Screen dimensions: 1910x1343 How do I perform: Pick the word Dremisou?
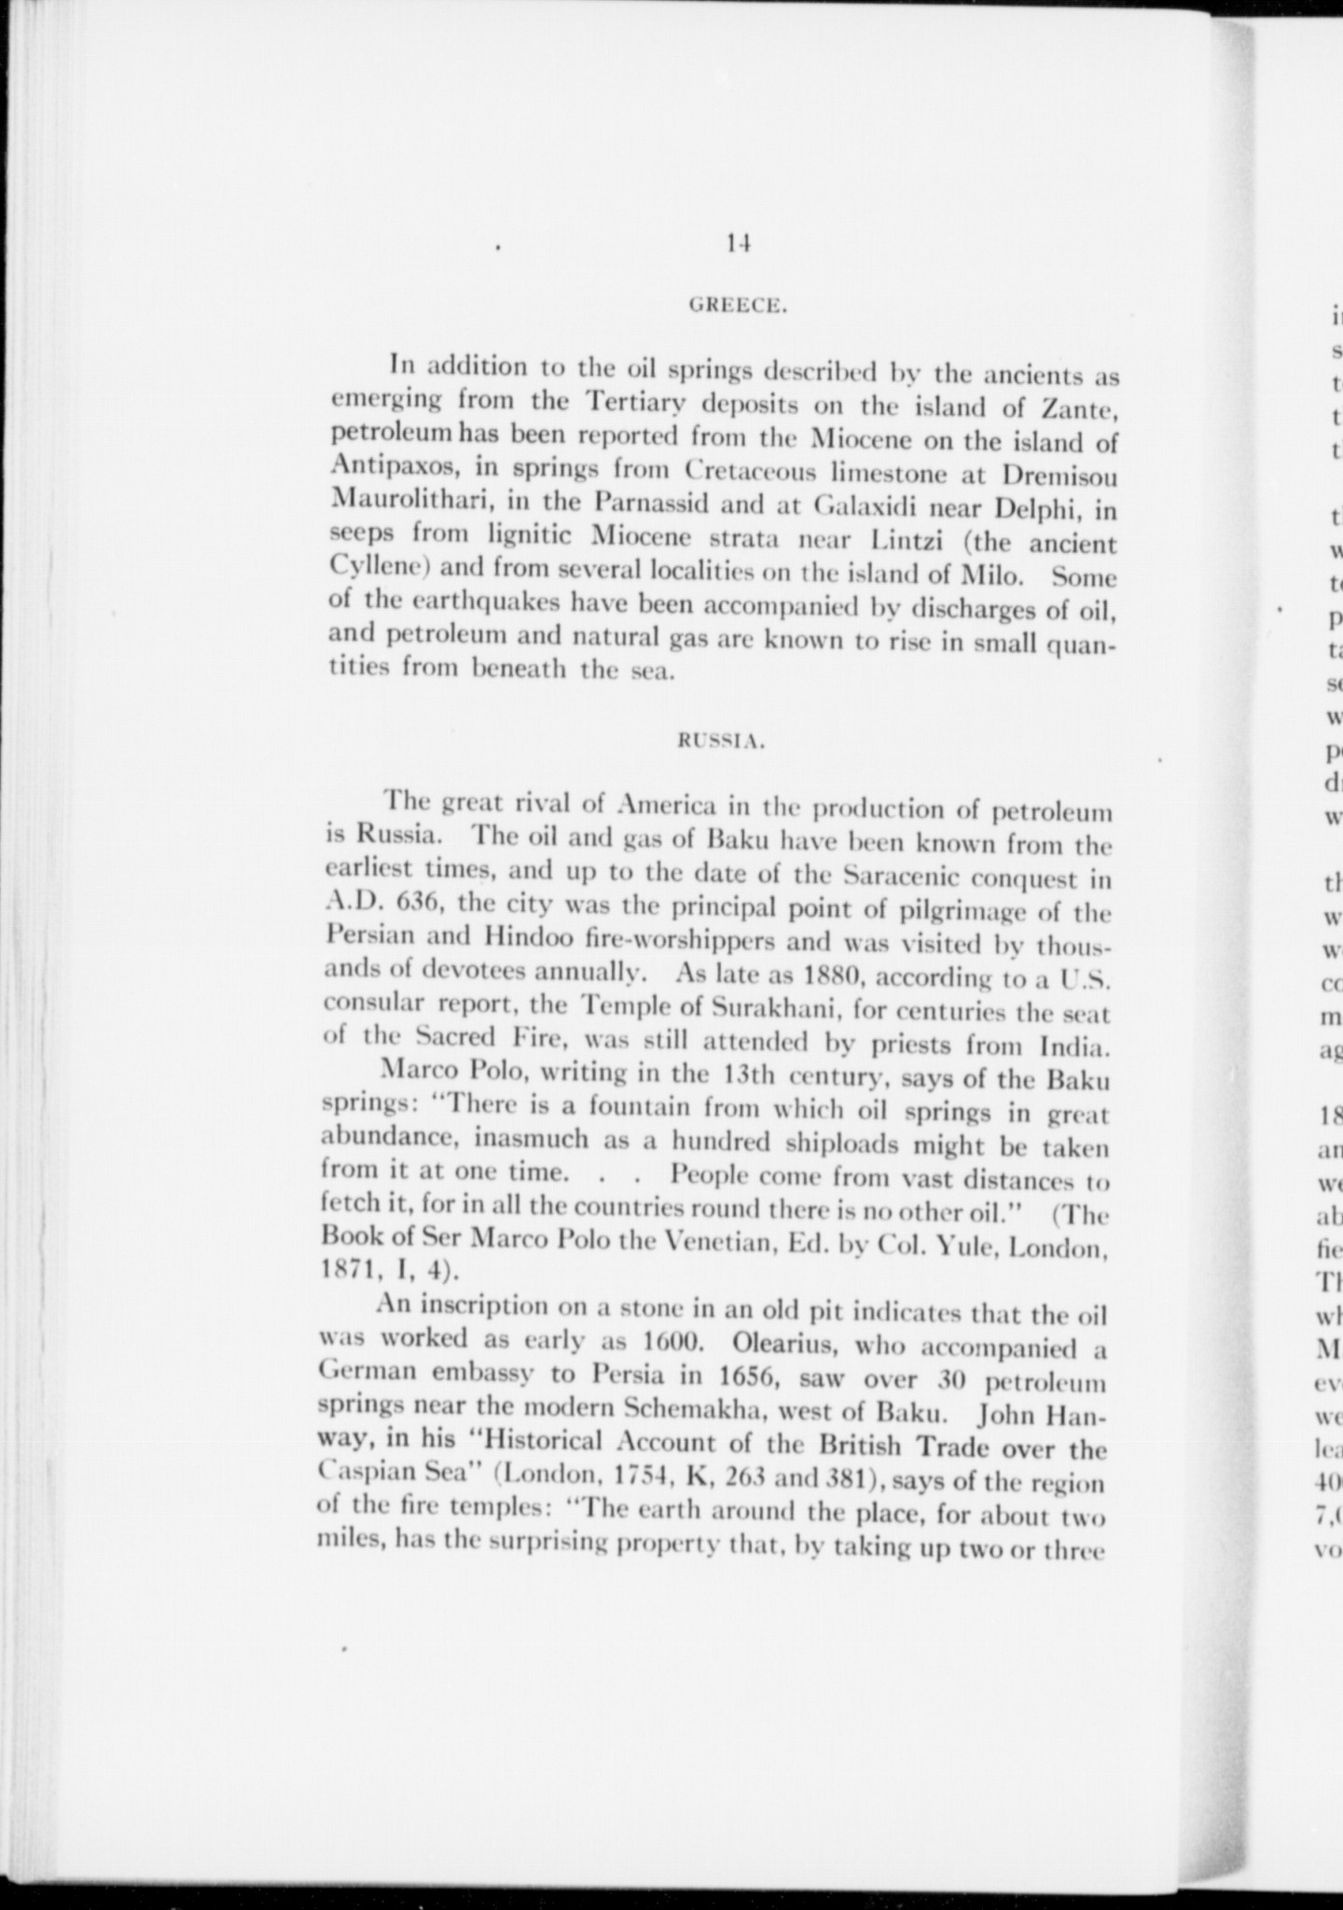[1057, 475]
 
